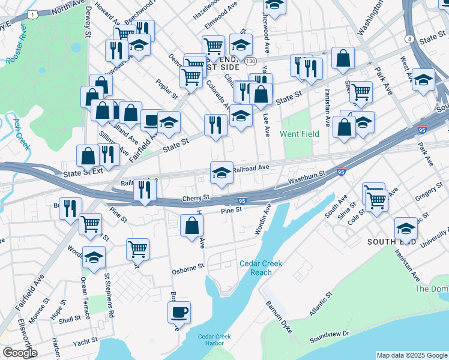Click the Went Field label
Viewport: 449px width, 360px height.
pyautogui.click(x=301, y=134)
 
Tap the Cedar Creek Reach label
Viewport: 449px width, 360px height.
pyautogui.click(x=261, y=268)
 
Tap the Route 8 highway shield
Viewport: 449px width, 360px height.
pyautogui.click(x=409, y=38)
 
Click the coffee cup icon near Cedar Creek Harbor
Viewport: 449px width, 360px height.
pyautogui.click(x=179, y=312)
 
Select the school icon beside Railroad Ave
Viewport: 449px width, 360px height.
pyautogui.click(x=221, y=173)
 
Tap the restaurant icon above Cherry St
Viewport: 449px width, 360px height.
pyautogui.click(x=144, y=190)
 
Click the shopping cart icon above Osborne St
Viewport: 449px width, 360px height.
pyautogui.click(x=137, y=248)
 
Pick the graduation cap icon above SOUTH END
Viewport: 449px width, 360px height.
pyautogui.click(x=406, y=228)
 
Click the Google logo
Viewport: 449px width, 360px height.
pyautogui.click(x=19, y=353)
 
